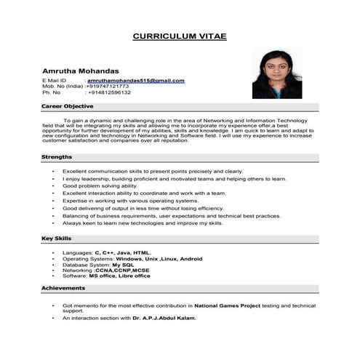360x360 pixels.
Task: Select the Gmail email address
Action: (136, 80)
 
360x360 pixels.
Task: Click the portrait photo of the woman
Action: (276, 73)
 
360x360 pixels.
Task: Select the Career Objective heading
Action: (67, 106)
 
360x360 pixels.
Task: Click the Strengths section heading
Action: (57, 156)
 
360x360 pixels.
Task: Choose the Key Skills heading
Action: (57, 239)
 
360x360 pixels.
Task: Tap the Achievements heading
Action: (64, 288)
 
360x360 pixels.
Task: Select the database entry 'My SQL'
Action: (134, 264)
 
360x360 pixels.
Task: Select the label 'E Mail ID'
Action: (55, 80)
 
